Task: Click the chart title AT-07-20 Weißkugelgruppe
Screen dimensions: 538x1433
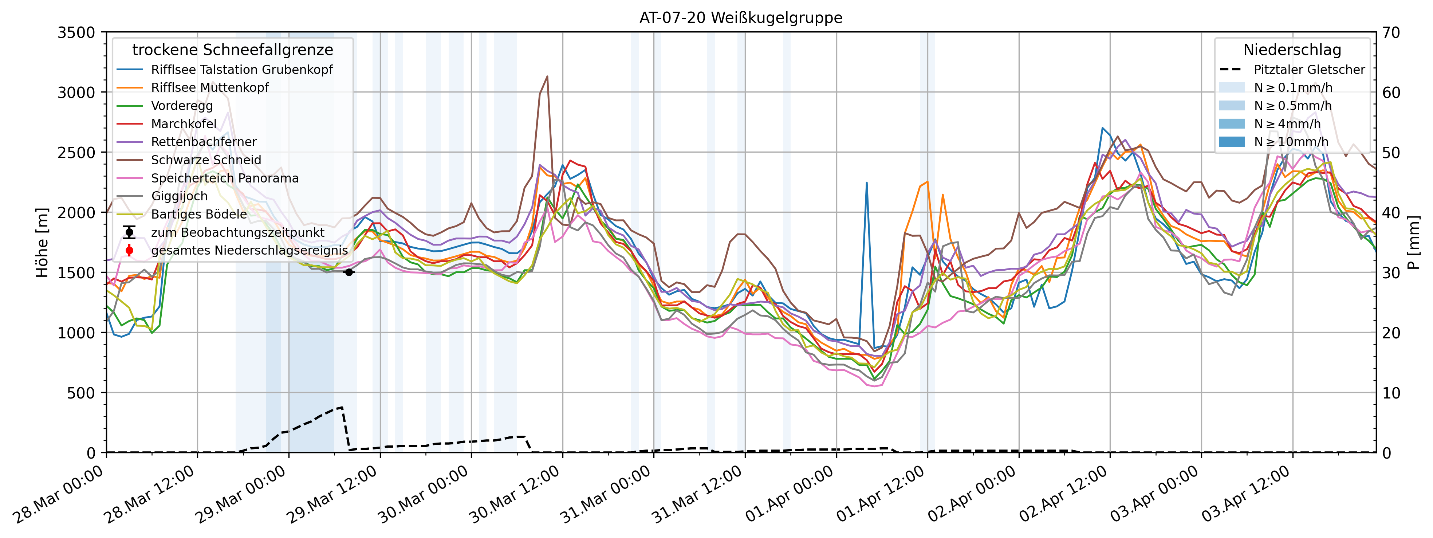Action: tap(740, 18)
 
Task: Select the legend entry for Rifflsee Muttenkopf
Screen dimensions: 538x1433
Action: tap(210, 87)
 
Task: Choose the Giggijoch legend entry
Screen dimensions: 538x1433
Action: tap(179, 196)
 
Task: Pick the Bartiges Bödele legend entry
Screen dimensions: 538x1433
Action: tap(198, 214)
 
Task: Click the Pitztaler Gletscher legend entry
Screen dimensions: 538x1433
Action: tap(1309, 70)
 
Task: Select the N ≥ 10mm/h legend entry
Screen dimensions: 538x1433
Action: tap(1291, 142)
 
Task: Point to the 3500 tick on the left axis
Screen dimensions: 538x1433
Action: tap(77, 33)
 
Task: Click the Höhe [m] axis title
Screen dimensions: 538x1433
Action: tap(42, 243)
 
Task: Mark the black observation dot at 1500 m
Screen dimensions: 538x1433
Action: tap(349, 272)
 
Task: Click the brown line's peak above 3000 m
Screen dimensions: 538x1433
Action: tap(547, 77)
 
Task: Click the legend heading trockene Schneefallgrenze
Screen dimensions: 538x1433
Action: tap(233, 50)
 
